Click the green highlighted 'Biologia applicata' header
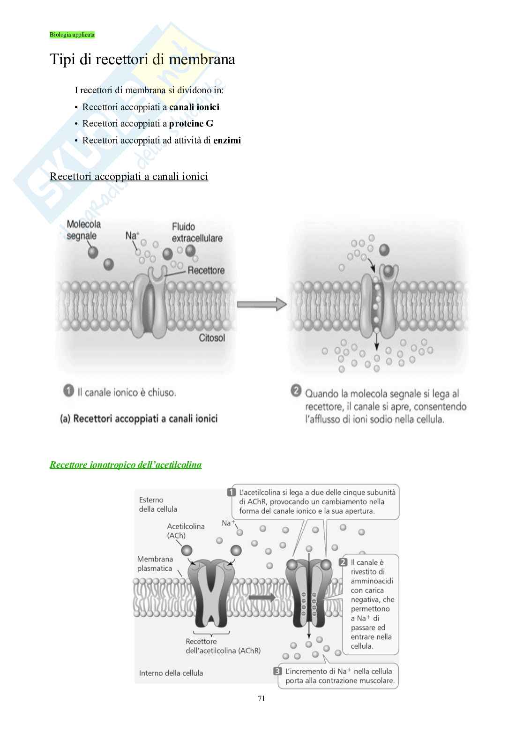tap(72, 35)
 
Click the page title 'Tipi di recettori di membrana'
tap(142, 60)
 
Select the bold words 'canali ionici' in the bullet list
tap(194, 107)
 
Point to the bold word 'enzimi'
tap(227, 140)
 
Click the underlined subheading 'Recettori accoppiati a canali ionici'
tap(129, 176)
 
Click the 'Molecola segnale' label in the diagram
tap(83, 230)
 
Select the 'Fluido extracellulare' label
tap(197, 232)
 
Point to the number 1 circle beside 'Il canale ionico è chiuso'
tap(68, 391)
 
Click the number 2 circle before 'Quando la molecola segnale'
tap(296, 391)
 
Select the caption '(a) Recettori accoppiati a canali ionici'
tap(139, 419)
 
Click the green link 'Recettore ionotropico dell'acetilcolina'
tap(126, 465)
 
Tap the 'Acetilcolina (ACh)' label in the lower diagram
tap(186, 531)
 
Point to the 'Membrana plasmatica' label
tap(155, 564)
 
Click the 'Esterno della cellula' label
tap(158, 504)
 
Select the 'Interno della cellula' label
tap(171, 673)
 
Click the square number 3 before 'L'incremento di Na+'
tap(277, 672)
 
